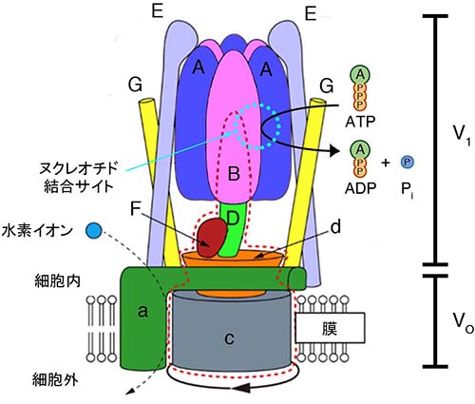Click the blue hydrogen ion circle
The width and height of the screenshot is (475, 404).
pos(94,230)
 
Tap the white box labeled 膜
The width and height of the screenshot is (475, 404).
pos(330,328)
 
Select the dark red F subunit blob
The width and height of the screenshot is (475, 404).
pos(213,238)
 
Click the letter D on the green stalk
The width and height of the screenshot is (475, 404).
pos(233,218)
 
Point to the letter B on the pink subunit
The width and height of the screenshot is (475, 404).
pos(234,174)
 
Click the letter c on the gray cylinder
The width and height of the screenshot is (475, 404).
pos(229,339)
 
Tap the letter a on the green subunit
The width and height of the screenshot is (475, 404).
pos(143,312)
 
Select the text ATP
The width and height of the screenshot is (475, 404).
pos(360,122)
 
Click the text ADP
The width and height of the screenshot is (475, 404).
pos(360,188)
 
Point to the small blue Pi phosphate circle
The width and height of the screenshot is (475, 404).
pos(408,163)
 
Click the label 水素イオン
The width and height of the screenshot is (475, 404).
pos(40,231)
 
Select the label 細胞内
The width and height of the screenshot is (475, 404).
pos(57,281)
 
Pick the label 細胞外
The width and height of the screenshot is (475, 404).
pos(55,379)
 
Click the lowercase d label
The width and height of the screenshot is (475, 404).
pos(334,227)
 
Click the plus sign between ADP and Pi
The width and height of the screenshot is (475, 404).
pos(386,163)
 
